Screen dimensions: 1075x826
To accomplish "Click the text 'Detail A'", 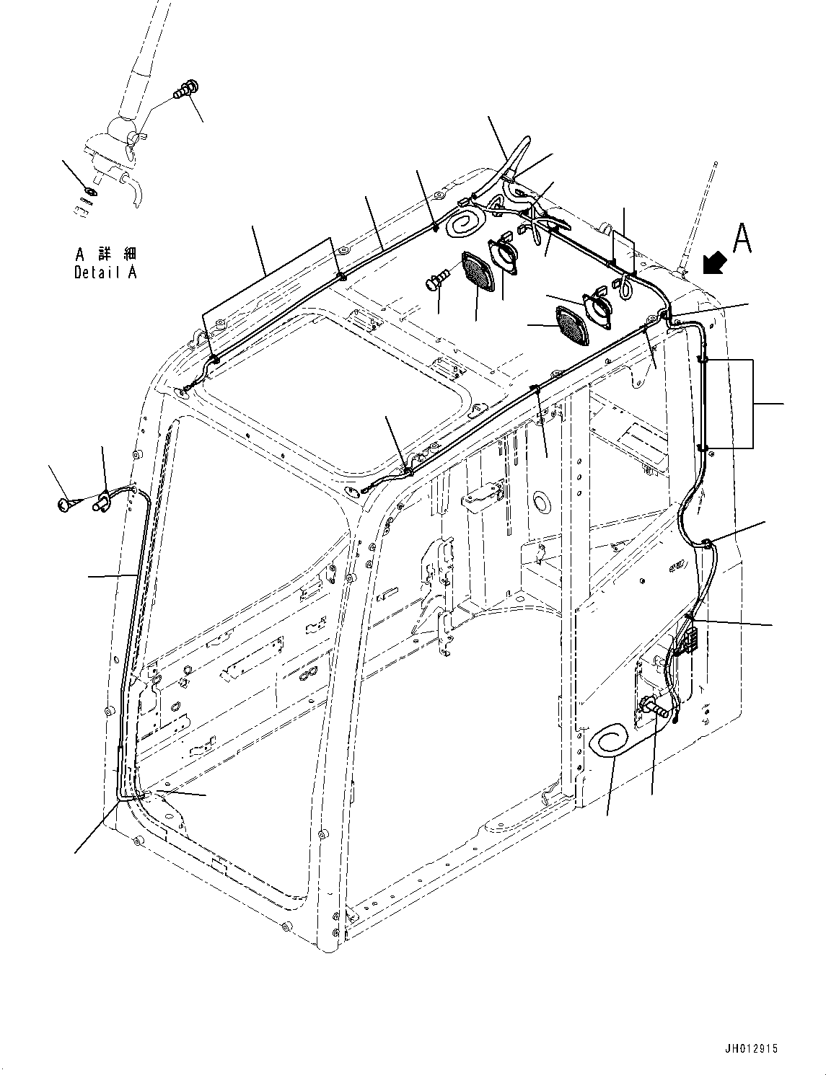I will [x=105, y=273].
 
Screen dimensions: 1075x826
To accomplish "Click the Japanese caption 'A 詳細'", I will [x=106, y=255].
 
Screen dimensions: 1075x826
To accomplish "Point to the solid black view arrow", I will [x=714, y=263].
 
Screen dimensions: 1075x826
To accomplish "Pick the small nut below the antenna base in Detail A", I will [x=89, y=192].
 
